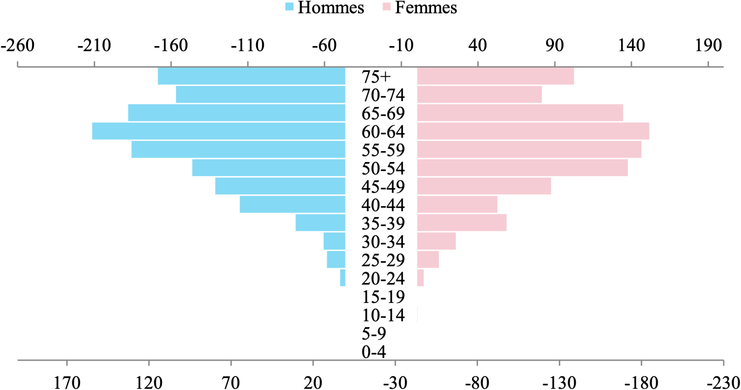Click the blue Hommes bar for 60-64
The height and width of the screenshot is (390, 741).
pyautogui.click(x=218, y=131)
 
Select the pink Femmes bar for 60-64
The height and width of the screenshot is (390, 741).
pyautogui.click(x=533, y=131)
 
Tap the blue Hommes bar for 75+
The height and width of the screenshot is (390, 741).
pyautogui.click(x=251, y=76)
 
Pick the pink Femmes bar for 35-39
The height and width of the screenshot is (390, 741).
pyautogui.click(x=462, y=222)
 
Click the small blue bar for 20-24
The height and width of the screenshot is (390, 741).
pyautogui.click(x=342, y=278)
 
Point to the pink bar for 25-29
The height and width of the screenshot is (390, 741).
pyautogui.click(x=428, y=259)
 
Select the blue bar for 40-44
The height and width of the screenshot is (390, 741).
pyautogui.click(x=292, y=204)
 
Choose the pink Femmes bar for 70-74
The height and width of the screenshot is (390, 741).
pyautogui.click(x=479, y=94)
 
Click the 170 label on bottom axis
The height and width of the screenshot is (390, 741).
pyautogui.click(x=67, y=382)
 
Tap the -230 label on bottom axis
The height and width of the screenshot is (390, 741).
pyautogui.click(x=724, y=382)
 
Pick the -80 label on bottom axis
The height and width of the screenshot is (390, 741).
pyautogui.click(x=477, y=382)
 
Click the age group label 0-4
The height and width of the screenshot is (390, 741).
pyautogui.click(x=373, y=352)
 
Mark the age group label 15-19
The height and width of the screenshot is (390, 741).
pyautogui.click(x=383, y=297)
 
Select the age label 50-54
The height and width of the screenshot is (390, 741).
pyautogui.click(x=383, y=168)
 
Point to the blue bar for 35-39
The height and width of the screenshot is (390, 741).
pyautogui.click(x=320, y=222)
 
